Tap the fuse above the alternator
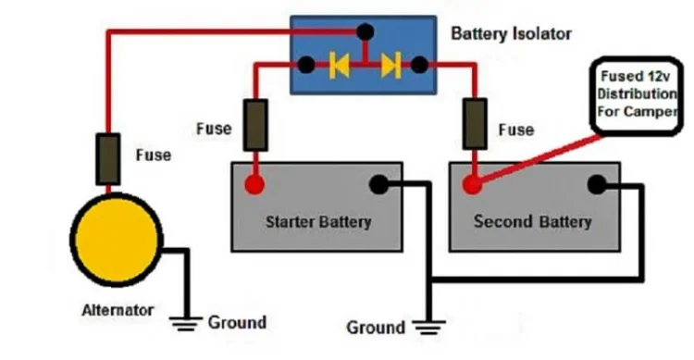coord(108,159)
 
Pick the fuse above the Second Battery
coord(477,125)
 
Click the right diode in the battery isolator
coord(392,66)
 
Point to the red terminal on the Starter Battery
coord(254,185)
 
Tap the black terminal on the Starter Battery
coord(378,185)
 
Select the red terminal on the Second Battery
coord(473,185)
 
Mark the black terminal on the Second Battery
coord(597,185)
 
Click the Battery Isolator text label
coord(511,34)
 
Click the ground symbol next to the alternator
coord(188,323)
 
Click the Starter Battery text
coord(317,222)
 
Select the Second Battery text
coord(532,222)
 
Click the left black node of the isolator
coord(304,66)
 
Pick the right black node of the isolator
coord(420,66)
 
